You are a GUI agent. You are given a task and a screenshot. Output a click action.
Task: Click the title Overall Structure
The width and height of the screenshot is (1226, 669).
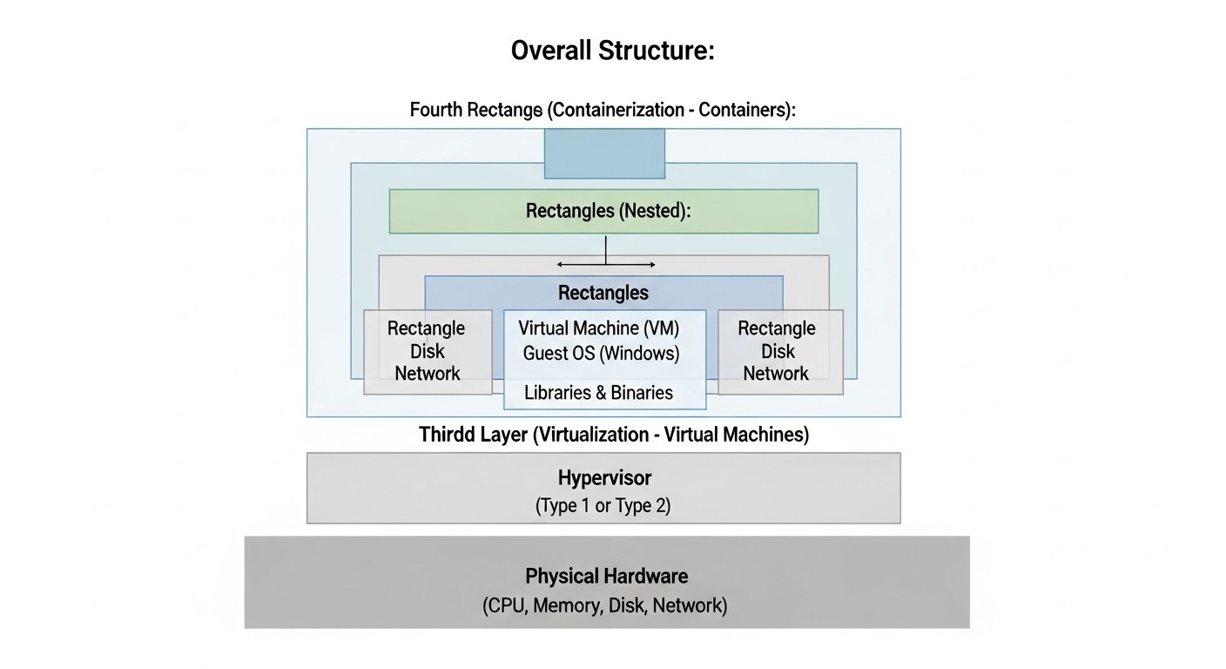click(x=612, y=51)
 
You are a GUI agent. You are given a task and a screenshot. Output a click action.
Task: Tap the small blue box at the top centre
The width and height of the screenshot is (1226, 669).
click(x=604, y=153)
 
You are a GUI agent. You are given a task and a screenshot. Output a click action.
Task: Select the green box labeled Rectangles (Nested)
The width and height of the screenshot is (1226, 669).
click(x=603, y=211)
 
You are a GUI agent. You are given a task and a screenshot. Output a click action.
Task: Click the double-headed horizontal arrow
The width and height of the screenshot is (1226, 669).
click(x=606, y=264)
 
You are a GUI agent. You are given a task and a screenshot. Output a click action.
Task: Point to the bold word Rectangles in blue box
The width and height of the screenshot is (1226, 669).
click(x=603, y=293)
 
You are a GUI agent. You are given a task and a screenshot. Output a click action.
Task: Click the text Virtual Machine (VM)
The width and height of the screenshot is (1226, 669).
click(x=599, y=328)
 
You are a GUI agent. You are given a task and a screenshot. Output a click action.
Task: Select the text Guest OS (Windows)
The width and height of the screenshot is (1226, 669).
click(x=601, y=354)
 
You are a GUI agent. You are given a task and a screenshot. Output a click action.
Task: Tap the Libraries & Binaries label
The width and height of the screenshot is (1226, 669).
click(x=598, y=393)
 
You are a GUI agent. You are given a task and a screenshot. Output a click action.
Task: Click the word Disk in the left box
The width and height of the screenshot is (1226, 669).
click(x=428, y=351)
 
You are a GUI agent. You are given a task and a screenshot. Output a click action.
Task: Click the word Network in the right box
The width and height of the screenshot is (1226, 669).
click(x=776, y=374)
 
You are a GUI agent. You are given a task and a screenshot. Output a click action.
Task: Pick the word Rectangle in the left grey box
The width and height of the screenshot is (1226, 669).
click(x=427, y=328)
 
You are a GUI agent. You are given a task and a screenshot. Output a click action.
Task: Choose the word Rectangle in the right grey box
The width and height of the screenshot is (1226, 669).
click(x=777, y=328)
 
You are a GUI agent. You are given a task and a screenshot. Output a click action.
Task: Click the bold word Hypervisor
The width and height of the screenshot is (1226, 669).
click(x=604, y=477)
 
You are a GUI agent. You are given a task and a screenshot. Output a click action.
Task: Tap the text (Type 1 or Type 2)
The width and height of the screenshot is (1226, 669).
click(x=603, y=506)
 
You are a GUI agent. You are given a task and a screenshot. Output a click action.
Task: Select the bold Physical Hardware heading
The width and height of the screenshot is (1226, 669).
click(x=606, y=576)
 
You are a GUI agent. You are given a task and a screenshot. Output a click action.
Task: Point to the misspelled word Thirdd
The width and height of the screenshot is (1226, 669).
click(x=447, y=434)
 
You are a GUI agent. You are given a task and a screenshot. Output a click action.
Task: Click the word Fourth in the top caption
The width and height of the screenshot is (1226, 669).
click(x=435, y=111)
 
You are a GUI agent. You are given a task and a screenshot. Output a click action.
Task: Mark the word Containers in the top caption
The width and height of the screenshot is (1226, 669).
click(x=746, y=111)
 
